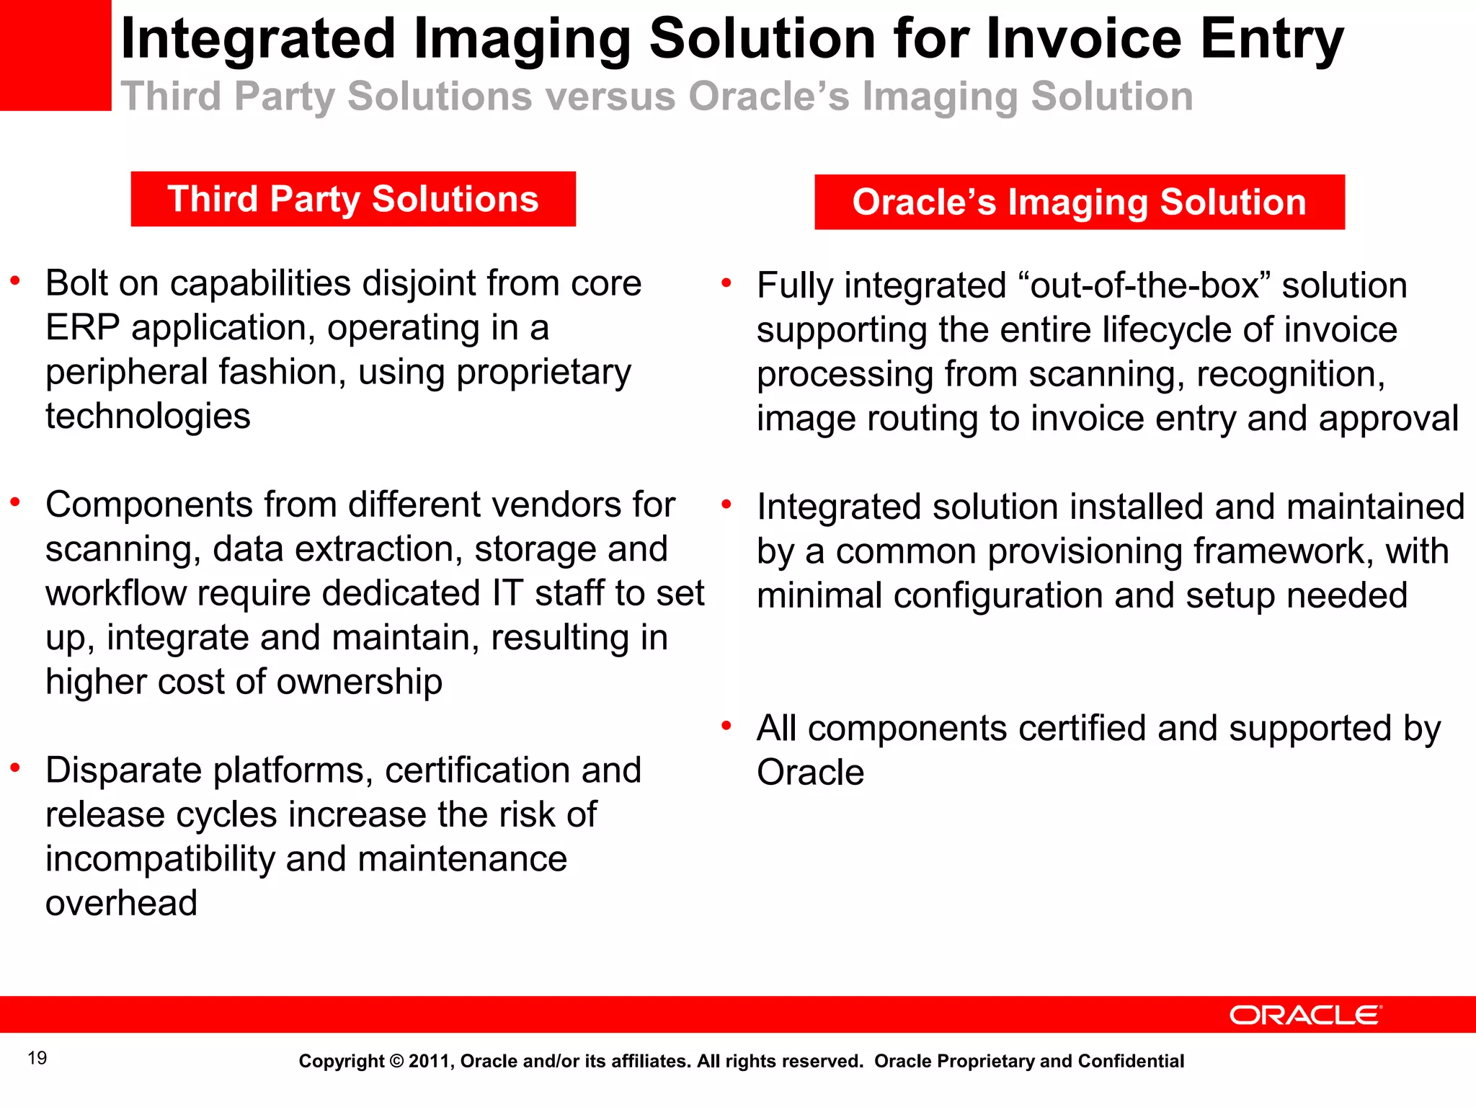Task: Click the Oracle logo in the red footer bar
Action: (1305, 1015)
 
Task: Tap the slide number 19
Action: (37, 1058)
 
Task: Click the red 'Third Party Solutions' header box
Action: (353, 199)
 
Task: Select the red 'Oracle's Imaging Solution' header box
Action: (1079, 202)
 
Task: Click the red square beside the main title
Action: (55, 55)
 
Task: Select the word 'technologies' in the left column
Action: (148, 417)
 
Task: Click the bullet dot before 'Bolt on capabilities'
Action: (15, 281)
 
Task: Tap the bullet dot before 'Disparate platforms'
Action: (15, 768)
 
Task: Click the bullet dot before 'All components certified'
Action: (726, 726)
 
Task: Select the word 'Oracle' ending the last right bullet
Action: (810, 773)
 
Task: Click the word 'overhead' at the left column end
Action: (121, 903)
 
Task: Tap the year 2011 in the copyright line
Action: (430, 1062)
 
